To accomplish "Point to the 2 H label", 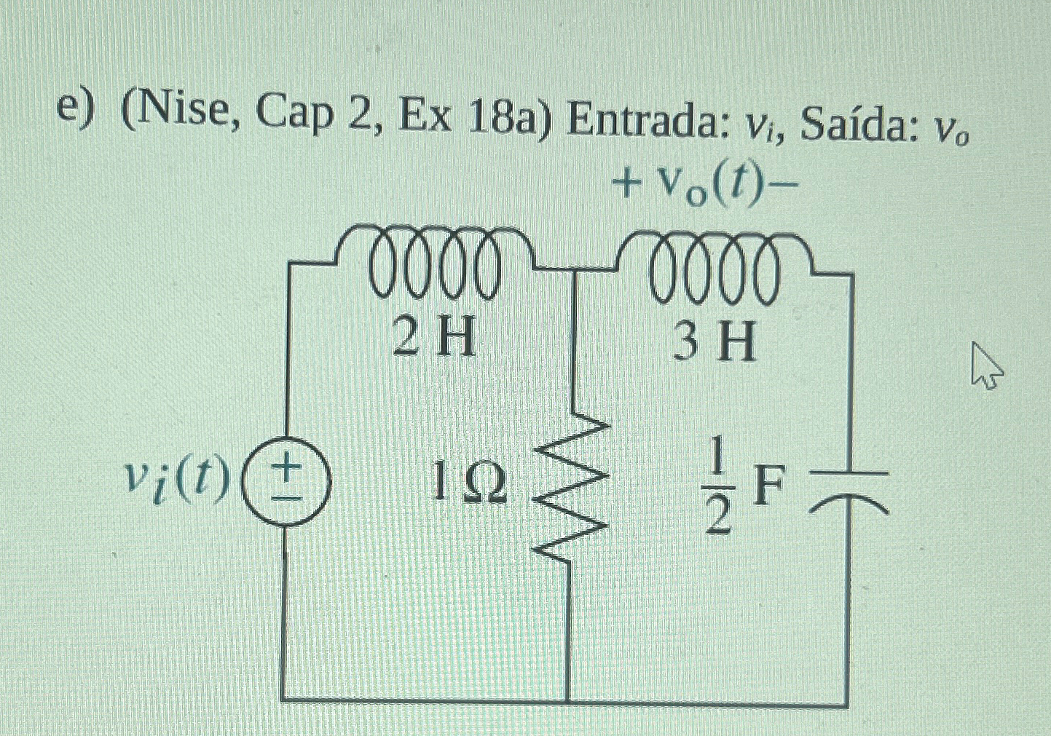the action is click(x=434, y=339).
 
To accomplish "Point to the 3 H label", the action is click(x=714, y=342).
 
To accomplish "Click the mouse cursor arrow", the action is click(x=985, y=368).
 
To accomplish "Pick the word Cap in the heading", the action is click(x=294, y=119).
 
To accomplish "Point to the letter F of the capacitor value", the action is click(x=770, y=486).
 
